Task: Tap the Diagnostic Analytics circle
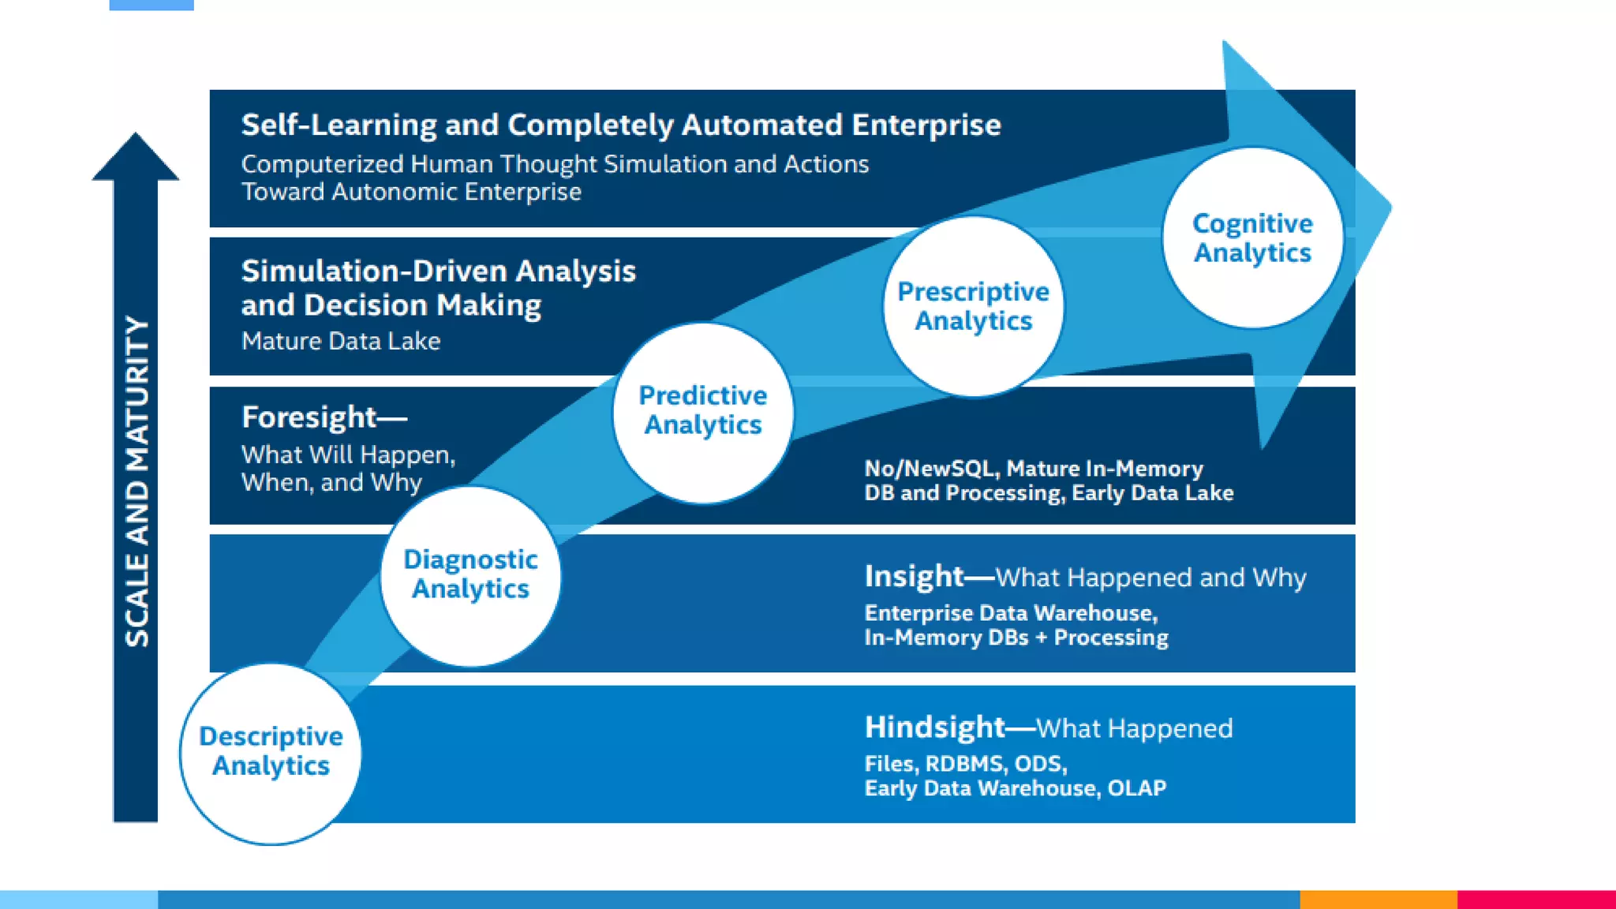(470, 575)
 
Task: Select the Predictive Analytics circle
(703, 411)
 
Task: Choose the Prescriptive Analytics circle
(973, 306)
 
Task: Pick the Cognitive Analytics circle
(1252, 238)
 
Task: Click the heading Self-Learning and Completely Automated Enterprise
(621, 125)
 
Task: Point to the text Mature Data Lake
(341, 341)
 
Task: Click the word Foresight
(309, 417)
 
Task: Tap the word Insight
(914, 577)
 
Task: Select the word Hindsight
(934, 728)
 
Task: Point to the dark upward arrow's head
(136, 158)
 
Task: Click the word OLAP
(1136, 788)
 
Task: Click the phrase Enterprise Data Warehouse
(1010, 613)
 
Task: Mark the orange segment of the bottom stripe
(1378, 899)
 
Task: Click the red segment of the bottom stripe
(1536, 899)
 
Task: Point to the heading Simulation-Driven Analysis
(438, 271)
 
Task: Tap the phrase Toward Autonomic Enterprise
(411, 192)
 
